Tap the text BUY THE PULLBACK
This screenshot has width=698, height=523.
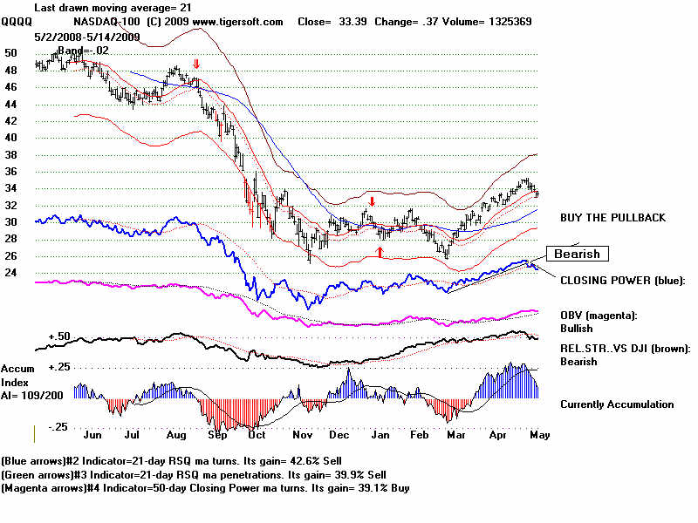[x=612, y=218]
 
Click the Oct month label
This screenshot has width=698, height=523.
[x=257, y=432]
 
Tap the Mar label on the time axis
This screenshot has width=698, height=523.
[x=454, y=432]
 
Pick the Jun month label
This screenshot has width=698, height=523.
[x=91, y=432]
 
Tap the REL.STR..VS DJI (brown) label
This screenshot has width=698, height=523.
[x=625, y=349]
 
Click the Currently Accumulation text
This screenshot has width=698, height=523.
[x=617, y=404]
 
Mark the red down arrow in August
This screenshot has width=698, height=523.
[x=196, y=65]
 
